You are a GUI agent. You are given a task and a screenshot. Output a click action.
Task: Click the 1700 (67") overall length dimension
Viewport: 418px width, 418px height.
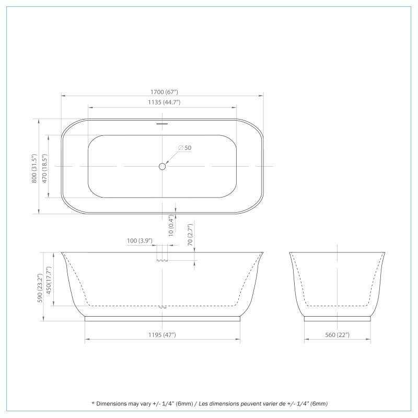point(162,92)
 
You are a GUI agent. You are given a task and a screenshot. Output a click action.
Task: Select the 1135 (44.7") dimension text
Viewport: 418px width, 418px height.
point(162,102)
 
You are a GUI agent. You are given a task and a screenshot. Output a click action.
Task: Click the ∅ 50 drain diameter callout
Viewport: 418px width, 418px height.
point(184,148)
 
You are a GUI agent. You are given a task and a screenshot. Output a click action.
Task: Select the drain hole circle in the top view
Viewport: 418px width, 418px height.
point(162,166)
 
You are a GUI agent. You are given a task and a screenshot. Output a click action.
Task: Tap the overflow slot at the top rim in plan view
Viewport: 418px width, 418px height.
point(162,124)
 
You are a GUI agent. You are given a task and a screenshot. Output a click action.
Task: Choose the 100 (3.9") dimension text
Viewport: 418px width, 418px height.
point(140,241)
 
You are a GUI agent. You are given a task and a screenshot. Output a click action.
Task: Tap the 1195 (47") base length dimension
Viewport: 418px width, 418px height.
point(162,334)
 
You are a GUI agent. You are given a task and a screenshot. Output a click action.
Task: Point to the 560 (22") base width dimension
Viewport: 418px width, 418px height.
point(337,334)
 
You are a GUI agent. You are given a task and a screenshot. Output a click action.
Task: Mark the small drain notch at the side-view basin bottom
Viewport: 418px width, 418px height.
point(162,307)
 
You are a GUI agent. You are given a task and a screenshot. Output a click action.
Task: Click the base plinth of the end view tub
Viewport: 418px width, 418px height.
point(337,318)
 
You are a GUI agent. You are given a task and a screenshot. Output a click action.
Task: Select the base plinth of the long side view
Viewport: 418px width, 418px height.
point(162,318)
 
